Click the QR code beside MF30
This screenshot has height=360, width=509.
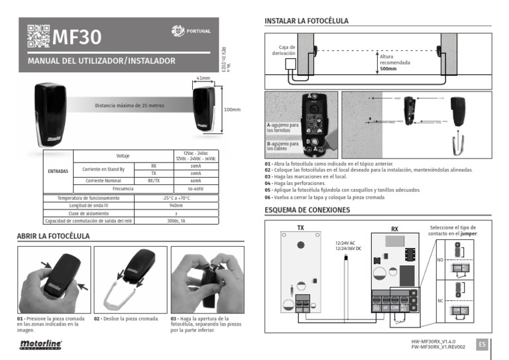(38, 36)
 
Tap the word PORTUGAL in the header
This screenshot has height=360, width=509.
(199, 31)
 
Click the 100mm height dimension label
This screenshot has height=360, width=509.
(232, 109)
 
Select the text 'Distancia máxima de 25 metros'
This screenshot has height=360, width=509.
(129, 105)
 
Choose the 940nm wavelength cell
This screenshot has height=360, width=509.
(176, 206)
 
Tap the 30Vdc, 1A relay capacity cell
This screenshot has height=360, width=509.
(176, 221)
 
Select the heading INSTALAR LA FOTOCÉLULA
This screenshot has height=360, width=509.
(306, 21)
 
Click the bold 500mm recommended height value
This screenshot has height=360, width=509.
(388, 68)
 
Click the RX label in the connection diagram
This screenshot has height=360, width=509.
(394, 229)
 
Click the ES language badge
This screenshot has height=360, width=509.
(482, 343)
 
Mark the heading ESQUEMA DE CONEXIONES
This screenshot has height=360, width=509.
(307, 210)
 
